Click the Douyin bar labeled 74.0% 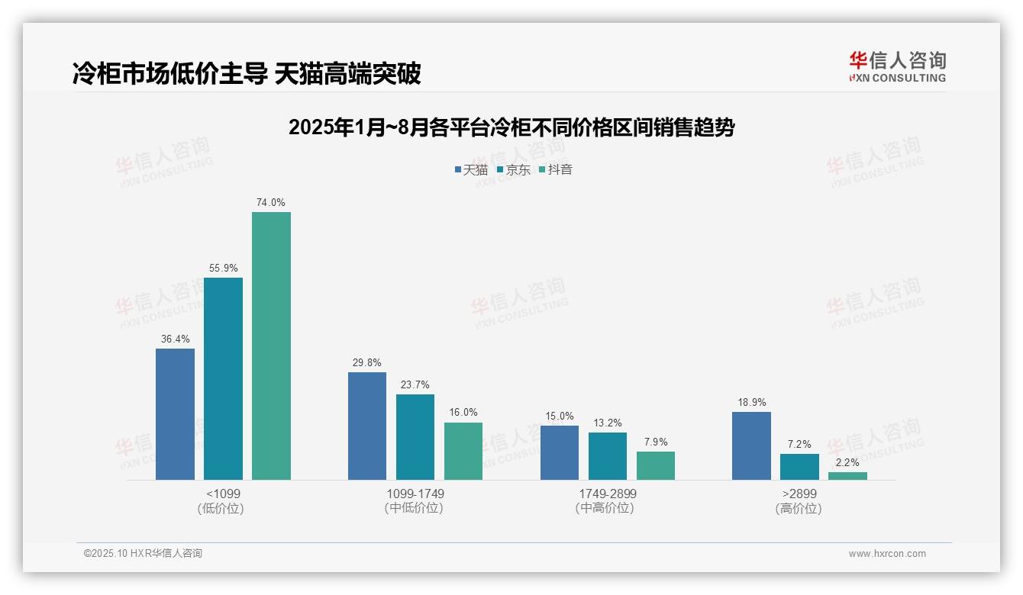point(271,346)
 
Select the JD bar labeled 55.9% point(223,378)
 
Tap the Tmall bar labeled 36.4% point(175,414)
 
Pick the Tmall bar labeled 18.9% point(751,445)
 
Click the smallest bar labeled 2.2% point(847,476)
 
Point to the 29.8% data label point(366,363)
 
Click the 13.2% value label point(607,423)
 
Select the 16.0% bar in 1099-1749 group point(463,451)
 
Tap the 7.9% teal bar point(656,465)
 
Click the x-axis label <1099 point(223,494)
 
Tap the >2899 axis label point(799,494)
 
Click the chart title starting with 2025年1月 point(511,127)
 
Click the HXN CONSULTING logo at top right point(897,67)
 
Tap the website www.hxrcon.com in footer point(886,554)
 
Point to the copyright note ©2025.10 point(143,554)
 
